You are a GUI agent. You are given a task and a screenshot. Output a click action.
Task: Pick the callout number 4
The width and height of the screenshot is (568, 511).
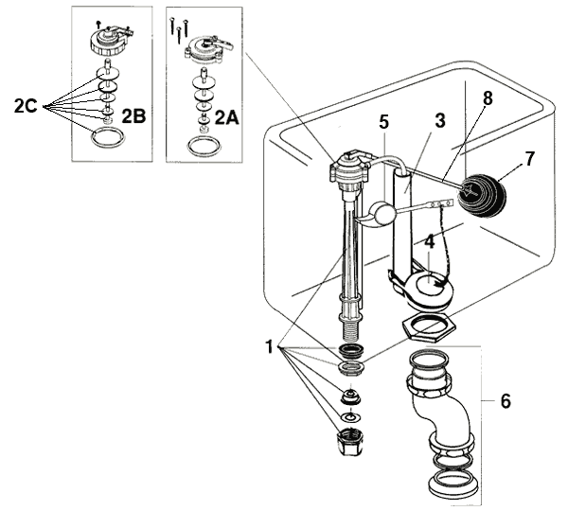click(x=429, y=242)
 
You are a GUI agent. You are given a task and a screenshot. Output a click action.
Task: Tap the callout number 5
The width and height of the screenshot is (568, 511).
click(x=382, y=122)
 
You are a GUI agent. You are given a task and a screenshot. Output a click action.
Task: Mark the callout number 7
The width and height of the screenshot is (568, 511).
click(x=529, y=159)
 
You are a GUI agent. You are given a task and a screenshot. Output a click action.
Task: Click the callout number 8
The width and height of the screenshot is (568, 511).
click(x=487, y=97)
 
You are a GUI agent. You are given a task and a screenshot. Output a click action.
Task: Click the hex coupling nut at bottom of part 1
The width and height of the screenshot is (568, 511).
click(x=350, y=443)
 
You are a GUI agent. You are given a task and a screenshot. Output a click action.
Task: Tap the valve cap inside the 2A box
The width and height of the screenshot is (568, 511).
click(x=203, y=44)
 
